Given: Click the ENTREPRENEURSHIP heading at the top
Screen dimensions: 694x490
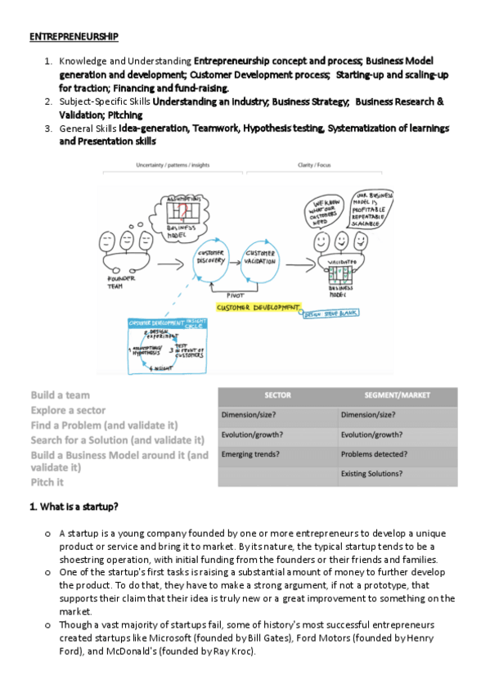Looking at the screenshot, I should coord(74,37).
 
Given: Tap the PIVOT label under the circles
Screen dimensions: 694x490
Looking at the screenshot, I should coord(236,295).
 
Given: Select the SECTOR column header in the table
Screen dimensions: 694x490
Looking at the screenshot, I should coord(278,395).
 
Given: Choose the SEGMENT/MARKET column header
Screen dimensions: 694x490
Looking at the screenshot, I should coord(398,395).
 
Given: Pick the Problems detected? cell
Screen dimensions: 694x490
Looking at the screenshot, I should coord(374,453).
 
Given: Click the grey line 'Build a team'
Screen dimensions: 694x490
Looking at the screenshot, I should coord(61,395).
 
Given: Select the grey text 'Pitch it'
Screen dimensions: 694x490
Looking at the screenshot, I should coord(47,482).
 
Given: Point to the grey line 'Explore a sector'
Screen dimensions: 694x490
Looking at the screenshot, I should coord(70,410).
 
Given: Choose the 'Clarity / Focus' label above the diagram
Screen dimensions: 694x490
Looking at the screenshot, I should coord(313,164).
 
